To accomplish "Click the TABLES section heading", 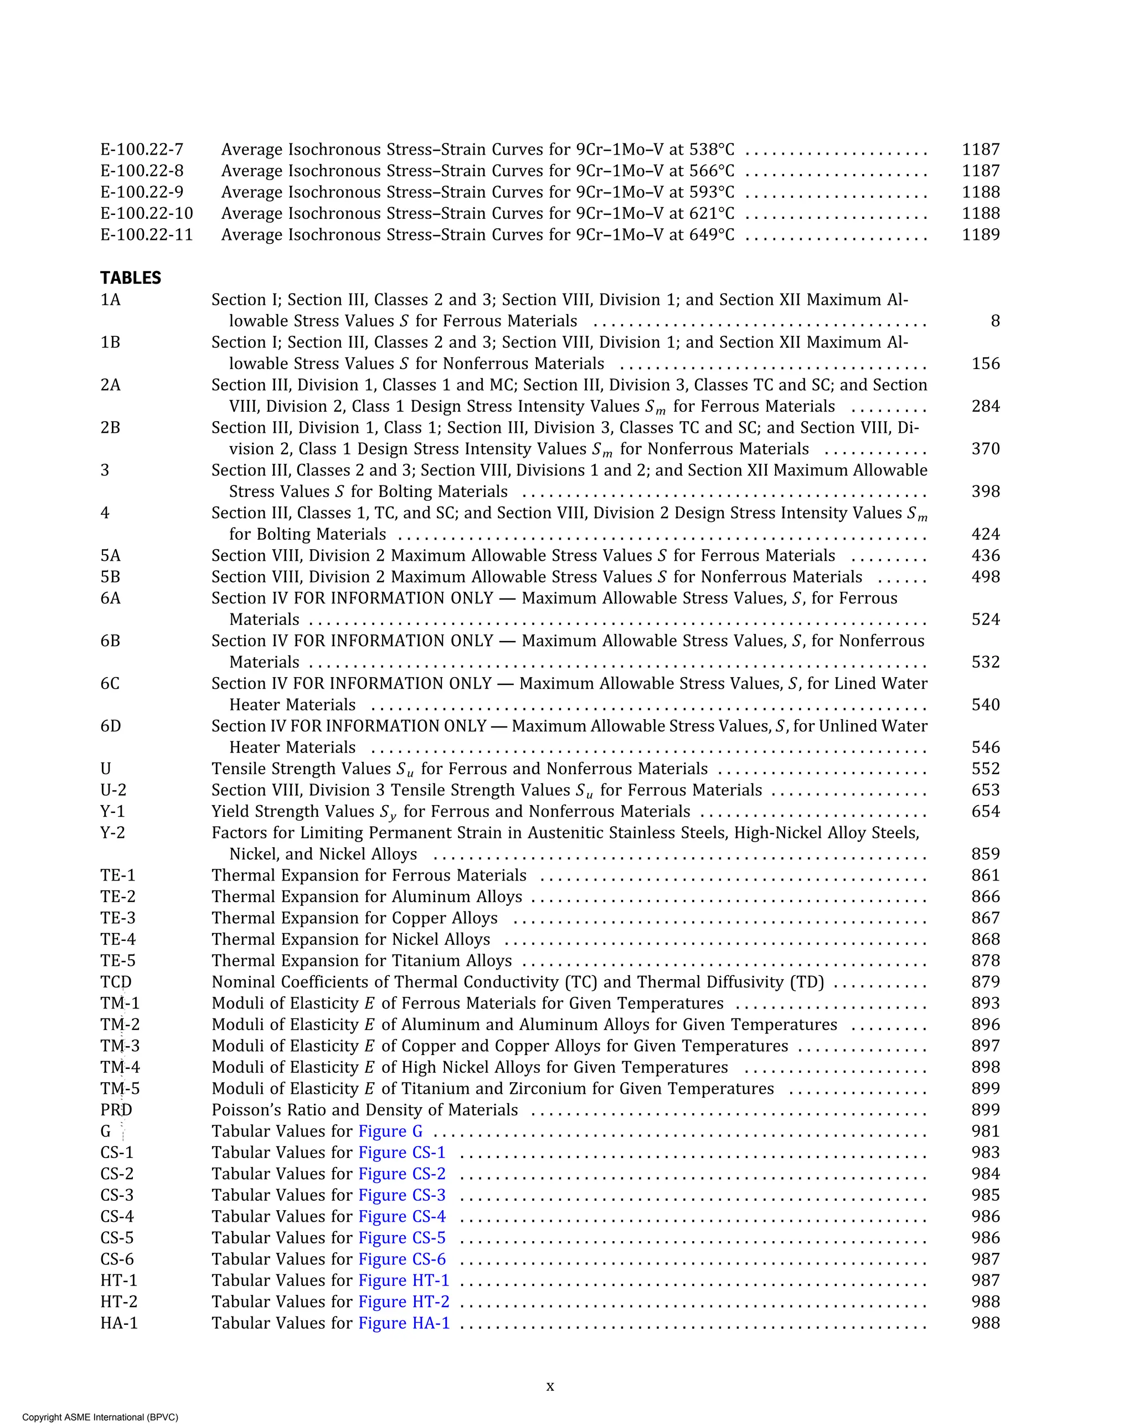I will click(131, 278).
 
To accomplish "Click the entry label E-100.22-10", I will click(147, 214).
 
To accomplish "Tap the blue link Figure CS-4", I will click(401, 1217).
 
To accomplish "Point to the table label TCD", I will click(116, 982).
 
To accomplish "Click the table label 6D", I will click(111, 726).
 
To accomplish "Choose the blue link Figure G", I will click(390, 1131).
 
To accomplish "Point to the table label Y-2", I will click(112, 833).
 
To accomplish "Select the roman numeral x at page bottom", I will click(550, 1386).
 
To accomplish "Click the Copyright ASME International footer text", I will click(100, 1417).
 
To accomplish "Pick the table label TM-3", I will click(120, 1046).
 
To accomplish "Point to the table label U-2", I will click(114, 791).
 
